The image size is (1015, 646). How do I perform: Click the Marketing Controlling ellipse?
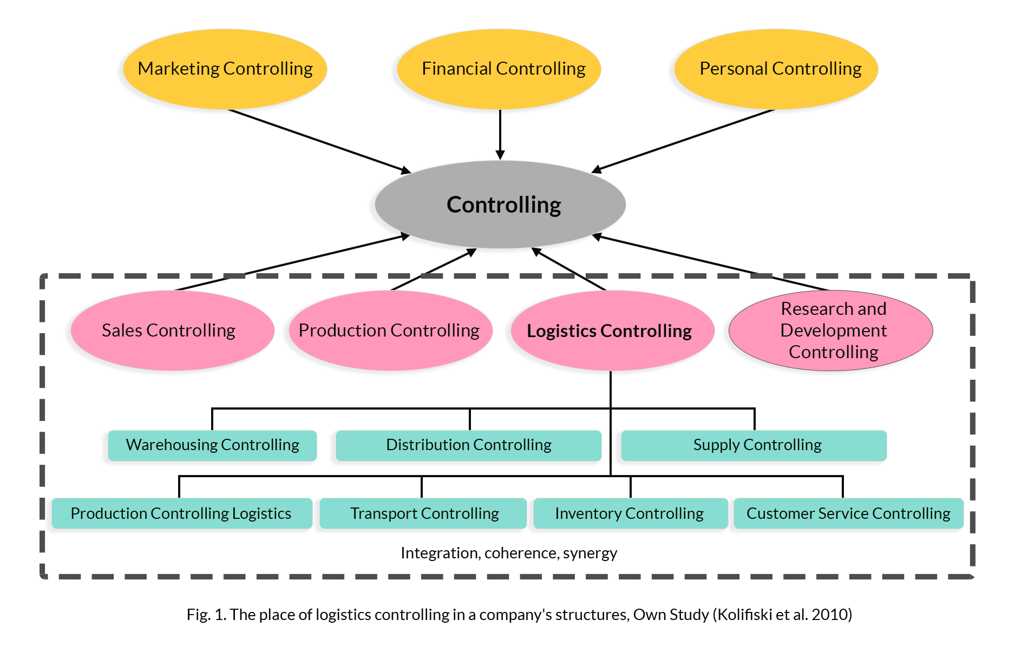(x=225, y=69)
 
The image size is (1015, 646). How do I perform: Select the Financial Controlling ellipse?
(x=499, y=69)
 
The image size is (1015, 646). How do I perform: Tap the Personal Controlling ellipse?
(x=776, y=69)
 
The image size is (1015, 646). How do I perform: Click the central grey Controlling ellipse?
(x=500, y=205)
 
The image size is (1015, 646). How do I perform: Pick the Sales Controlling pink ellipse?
(x=169, y=331)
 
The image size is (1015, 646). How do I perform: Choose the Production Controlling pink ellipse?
(x=389, y=331)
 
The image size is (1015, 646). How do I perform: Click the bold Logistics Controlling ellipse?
(x=609, y=331)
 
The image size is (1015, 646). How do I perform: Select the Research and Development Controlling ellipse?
(x=831, y=331)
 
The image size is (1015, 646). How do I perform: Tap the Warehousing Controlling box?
(x=212, y=445)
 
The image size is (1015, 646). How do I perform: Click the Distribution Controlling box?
(x=468, y=445)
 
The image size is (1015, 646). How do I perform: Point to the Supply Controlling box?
(x=754, y=445)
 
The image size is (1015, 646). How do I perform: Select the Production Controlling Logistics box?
(x=181, y=513)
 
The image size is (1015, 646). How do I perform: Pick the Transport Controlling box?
(x=423, y=513)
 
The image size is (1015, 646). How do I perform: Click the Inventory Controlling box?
(x=630, y=513)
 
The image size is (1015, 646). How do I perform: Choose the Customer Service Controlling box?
(x=848, y=513)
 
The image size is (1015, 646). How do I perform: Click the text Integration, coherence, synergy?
(x=509, y=553)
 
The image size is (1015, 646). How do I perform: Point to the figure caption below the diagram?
(x=519, y=615)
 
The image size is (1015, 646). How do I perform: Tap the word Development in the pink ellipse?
(x=833, y=331)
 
